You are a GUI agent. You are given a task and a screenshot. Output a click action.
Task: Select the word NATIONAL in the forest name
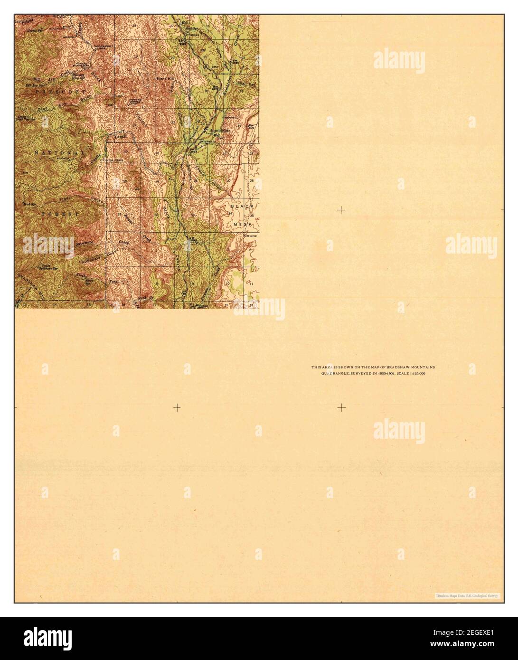pyautogui.click(x=59, y=152)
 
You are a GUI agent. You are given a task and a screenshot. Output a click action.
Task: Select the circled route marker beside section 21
pyautogui.click(x=206, y=66)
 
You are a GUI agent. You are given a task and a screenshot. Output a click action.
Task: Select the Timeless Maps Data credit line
pyautogui.click(x=468, y=595)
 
